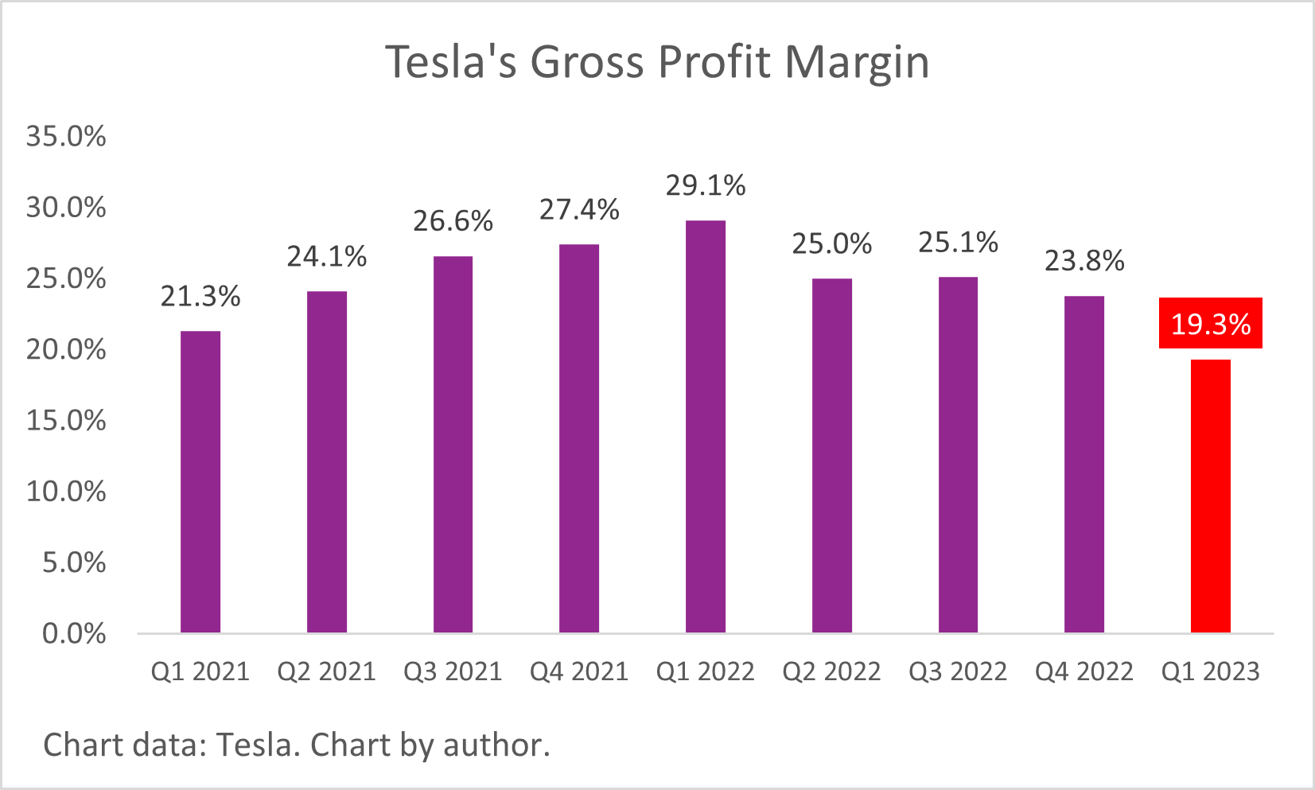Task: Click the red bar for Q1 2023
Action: (x=1210, y=496)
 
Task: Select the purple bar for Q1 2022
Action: (x=705, y=426)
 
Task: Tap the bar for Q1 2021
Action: (x=200, y=481)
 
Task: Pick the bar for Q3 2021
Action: (x=453, y=444)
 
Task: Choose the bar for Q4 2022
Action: (x=1084, y=464)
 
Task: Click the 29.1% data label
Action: (x=705, y=185)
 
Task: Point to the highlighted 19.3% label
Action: (x=1210, y=324)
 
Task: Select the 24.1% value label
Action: (x=326, y=256)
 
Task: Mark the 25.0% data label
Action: (x=831, y=243)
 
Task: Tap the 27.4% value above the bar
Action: (x=579, y=209)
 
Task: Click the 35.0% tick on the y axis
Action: (x=66, y=136)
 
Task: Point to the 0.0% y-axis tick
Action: (x=73, y=633)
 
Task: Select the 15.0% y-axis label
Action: (x=66, y=420)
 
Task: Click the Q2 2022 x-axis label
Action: (x=831, y=671)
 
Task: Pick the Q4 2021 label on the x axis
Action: (x=579, y=671)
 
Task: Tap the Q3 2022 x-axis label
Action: (x=958, y=671)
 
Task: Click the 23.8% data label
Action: (x=1084, y=261)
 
